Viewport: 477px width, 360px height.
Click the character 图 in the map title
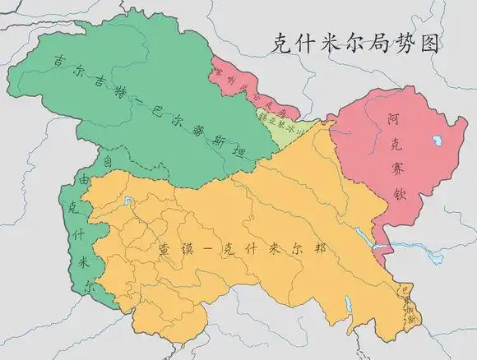click(428, 42)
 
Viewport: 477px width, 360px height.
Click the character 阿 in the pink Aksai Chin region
click(395, 121)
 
